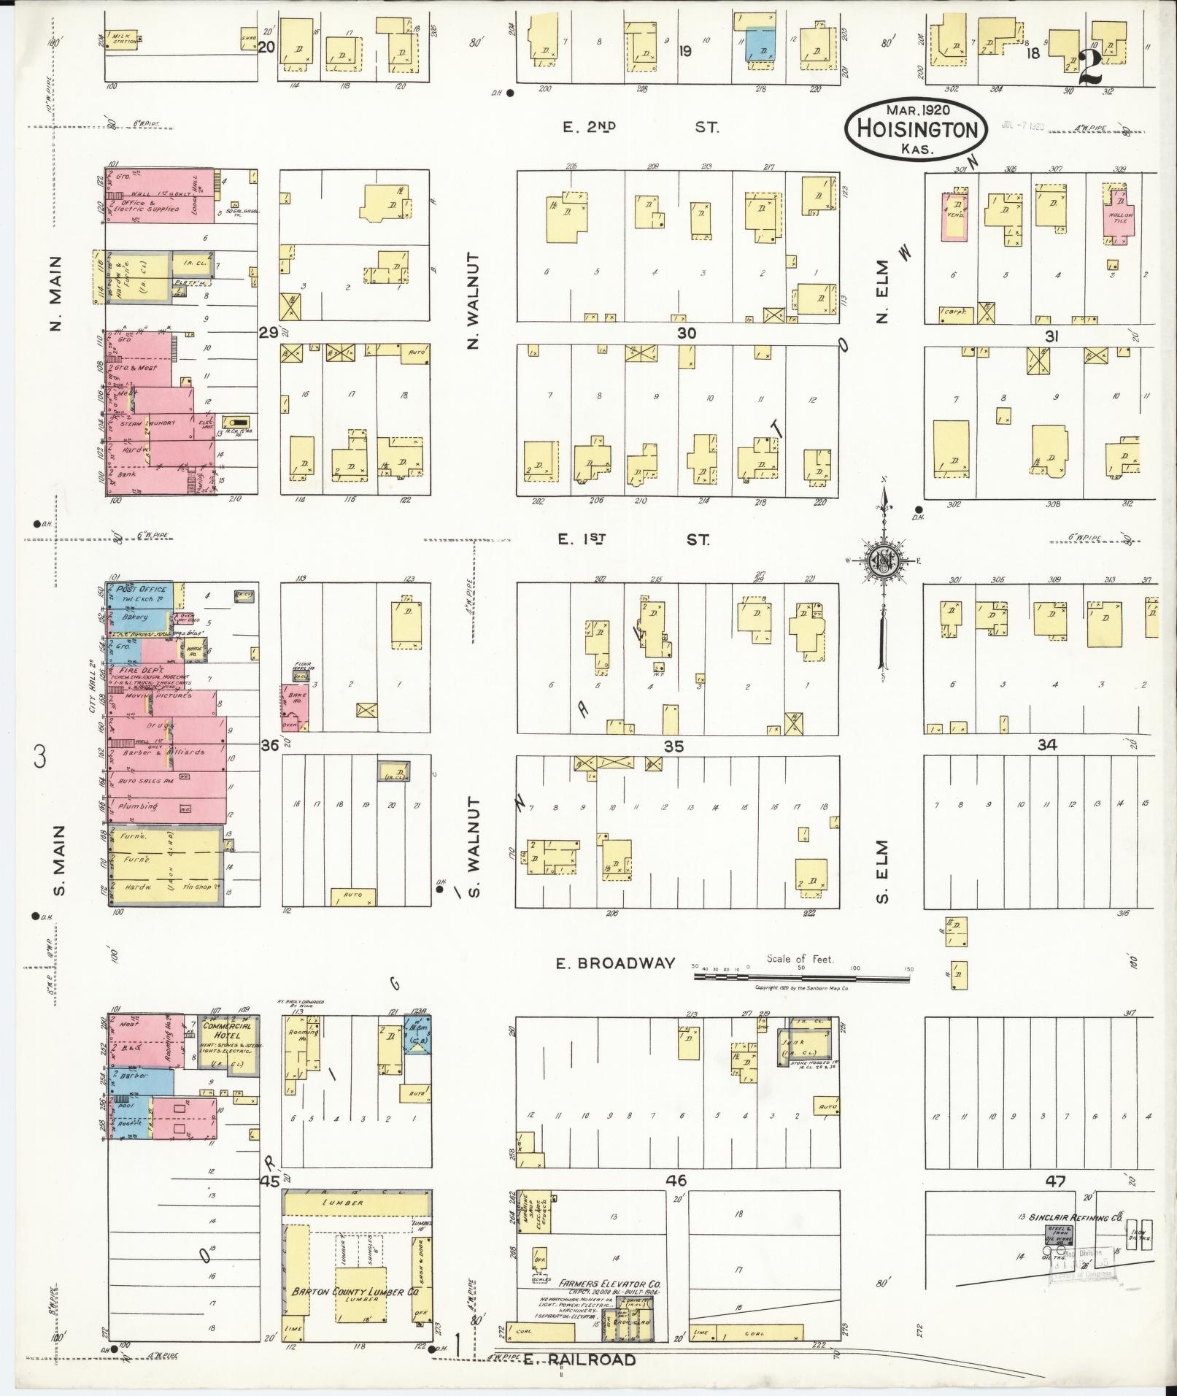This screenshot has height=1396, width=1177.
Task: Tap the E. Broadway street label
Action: pos(615,963)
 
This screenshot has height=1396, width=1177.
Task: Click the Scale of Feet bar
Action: pos(803,974)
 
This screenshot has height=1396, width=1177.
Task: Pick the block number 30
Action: pos(686,333)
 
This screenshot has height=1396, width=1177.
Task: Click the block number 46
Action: pos(676,1181)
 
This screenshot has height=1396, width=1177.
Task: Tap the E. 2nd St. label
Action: pos(641,127)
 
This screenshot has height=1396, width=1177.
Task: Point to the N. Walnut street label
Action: pos(473,300)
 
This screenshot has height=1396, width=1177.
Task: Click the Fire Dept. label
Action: pos(142,670)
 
